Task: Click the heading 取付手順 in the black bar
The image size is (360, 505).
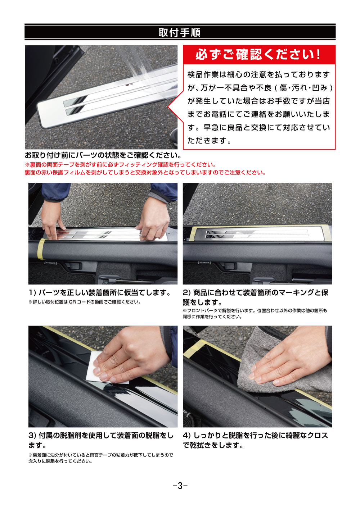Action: pos(179,33)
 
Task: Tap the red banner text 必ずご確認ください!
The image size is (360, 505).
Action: pos(258,55)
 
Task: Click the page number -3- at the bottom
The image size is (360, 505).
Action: pos(180,486)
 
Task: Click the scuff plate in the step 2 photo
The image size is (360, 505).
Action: pos(257,234)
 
